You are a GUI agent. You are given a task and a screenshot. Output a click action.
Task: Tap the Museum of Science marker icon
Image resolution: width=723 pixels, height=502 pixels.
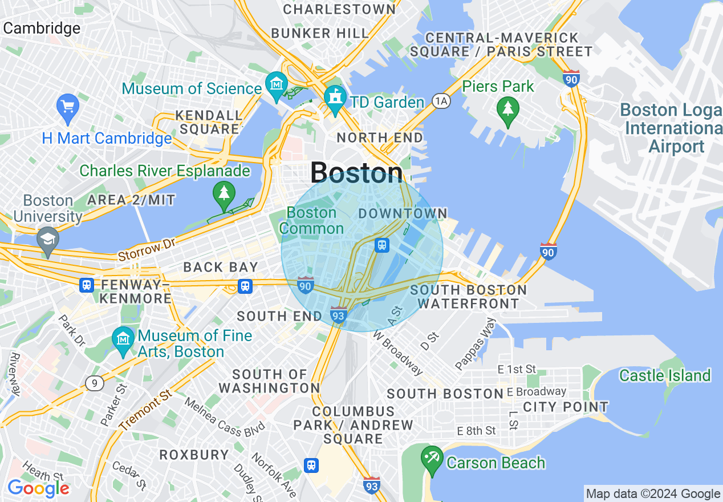point(276,84)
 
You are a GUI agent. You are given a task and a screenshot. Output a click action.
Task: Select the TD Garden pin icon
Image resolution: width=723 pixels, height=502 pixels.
point(335,98)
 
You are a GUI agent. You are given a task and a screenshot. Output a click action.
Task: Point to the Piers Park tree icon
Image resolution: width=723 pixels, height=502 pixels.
point(507,108)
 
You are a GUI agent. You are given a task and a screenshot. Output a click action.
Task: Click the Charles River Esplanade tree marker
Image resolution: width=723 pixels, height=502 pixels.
point(224,193)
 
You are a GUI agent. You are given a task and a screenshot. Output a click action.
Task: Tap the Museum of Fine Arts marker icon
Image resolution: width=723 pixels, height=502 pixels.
point(123,339)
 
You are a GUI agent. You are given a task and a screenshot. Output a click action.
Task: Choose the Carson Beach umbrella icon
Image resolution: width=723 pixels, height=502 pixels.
point(432,459)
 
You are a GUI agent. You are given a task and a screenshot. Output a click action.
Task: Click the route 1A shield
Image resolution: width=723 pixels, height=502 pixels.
point(441,101)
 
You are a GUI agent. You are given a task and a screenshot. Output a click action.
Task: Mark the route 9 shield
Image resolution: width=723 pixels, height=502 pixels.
point(95,383)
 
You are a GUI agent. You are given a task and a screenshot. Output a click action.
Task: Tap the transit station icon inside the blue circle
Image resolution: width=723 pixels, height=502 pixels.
point(381,245)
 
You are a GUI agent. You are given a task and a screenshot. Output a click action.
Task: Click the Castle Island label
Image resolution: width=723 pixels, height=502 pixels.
point(665,375)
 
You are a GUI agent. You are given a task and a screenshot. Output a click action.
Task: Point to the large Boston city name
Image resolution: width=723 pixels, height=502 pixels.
point(356,172)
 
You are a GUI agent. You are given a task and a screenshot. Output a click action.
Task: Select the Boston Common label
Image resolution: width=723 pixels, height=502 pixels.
point(311,221)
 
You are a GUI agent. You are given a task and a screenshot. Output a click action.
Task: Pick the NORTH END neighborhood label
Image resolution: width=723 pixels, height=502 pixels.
point(380,137)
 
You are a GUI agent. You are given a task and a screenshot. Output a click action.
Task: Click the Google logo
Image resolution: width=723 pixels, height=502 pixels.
point(38,488)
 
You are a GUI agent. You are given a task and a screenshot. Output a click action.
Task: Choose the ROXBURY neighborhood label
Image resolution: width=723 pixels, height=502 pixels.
point(194,455)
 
